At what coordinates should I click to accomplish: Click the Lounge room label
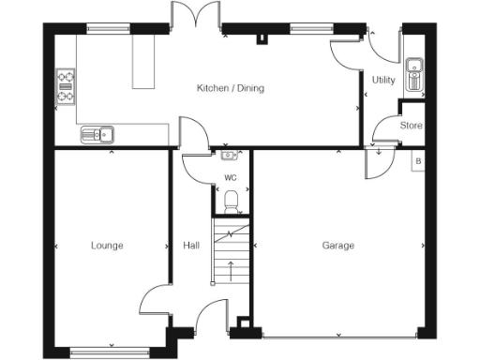[107, 246]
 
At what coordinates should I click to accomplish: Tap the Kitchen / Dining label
[230, 89]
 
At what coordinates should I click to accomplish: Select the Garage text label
[337, 246]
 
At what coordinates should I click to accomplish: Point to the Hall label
[191, 246]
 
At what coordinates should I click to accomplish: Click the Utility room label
[382, 81]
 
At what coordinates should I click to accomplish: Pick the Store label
[411, 126]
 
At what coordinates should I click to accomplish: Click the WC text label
[230, 176]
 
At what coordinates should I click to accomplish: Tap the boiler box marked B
[418, 160]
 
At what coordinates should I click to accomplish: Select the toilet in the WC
[232, 200]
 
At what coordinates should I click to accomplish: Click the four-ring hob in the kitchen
[67, 85]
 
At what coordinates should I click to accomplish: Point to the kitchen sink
[97, 133]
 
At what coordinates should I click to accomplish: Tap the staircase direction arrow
[231, 272]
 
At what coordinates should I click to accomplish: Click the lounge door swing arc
[155, 300]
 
